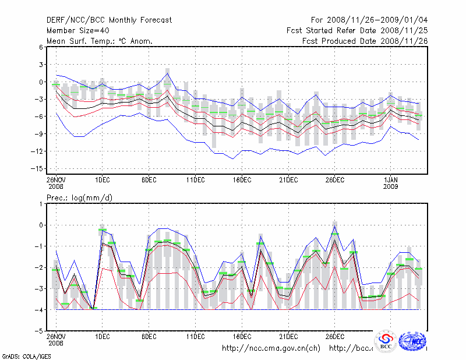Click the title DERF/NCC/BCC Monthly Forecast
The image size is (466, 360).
coord(109,20)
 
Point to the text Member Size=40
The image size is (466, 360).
coord(77,30)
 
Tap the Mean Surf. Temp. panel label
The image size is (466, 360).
coord(100,41)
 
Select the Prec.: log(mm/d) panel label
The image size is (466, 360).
coord(79,198)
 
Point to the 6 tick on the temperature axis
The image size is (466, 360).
coord(41,47)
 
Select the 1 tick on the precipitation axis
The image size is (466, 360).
coord(41,204)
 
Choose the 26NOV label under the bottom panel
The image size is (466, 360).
coord(56,336)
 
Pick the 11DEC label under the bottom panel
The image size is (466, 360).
coord(195,336)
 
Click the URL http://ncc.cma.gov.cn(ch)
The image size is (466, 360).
coord(271,348)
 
